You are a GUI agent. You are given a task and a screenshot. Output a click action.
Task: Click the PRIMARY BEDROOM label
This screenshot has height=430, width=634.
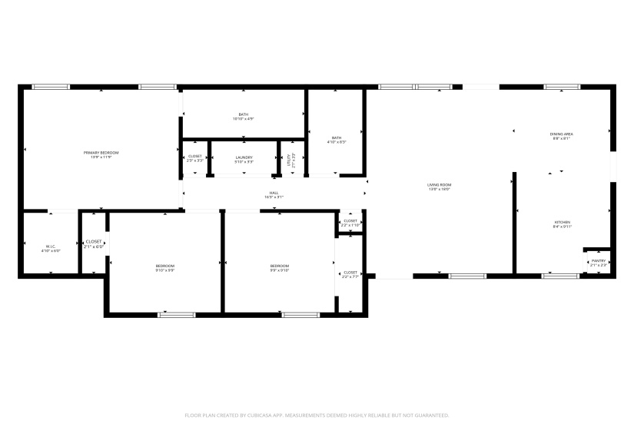[x=101, y=153]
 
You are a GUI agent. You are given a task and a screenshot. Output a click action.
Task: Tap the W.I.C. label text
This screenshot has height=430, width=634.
[x=51, y=246]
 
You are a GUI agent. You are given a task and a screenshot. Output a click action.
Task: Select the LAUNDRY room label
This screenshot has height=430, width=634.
[x=244, y=157]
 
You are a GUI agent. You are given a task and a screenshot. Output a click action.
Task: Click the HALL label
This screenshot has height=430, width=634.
[x=274, y=193]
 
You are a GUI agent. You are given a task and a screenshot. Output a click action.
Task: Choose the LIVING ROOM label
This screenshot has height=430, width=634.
[x=439, y=184]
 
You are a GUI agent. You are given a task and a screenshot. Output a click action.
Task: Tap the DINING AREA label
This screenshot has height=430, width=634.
[x=561, y=134]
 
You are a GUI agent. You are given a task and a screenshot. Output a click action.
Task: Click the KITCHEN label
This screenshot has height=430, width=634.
[x=563, y=223]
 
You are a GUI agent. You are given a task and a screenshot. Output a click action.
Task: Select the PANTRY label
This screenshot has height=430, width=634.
[x=598, y=261]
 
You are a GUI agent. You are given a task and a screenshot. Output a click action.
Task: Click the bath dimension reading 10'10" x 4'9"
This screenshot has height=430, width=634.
[x=243, y=119]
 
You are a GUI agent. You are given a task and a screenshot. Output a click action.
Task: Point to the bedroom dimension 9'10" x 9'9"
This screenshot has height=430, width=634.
[x=165, y=270]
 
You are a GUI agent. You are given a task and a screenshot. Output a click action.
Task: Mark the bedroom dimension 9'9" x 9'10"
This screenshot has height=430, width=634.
[x=279, y=270]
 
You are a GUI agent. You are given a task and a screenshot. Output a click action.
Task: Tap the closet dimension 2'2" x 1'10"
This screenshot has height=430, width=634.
[x=350, y=225]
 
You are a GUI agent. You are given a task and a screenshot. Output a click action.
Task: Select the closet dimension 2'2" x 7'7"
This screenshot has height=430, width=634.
[x=350, y=276]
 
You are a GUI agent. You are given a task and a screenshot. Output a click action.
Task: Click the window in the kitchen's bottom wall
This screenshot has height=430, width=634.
[x=560, y=275]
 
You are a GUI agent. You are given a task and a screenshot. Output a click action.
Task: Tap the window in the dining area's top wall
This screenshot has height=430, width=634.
[x=556, y=87]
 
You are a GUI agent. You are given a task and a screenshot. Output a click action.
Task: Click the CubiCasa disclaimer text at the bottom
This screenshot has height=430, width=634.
[x=317, y=415]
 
